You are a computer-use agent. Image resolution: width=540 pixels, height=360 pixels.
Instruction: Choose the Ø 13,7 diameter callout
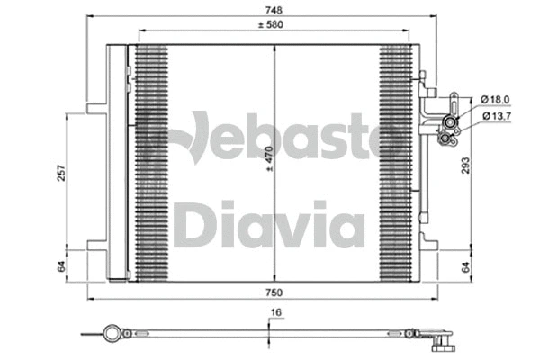tap(497, 117)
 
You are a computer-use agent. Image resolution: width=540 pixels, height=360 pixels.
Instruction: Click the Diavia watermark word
tap(269, 225)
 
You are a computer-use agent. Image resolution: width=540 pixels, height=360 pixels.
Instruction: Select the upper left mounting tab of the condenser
tap(96, 111)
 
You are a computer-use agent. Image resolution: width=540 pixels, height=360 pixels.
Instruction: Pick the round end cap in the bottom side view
tap(112, 335)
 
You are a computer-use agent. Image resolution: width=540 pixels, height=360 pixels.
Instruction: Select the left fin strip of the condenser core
tap(151, 162)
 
